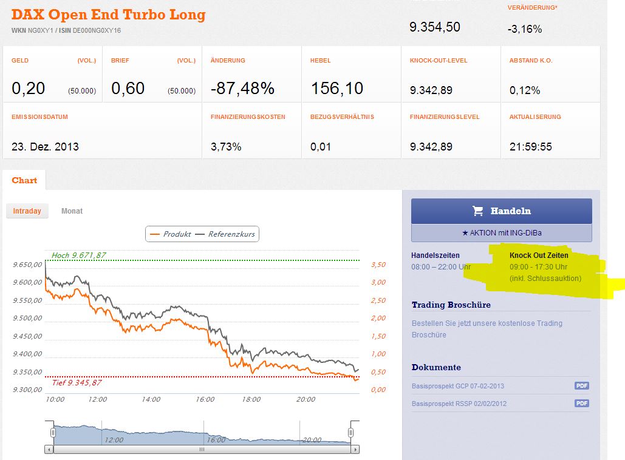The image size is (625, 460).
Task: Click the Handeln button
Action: point(501,211)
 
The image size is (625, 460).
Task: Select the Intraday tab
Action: point(27,211)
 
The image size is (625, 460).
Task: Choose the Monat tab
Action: point(72,211)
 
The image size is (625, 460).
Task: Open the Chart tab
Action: point(24,180)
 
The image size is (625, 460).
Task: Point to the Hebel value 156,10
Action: point(336,89)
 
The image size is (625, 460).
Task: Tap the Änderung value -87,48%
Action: point(242,89)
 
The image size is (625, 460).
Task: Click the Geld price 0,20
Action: point(28,89)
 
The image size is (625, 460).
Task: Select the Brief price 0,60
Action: point(128,89)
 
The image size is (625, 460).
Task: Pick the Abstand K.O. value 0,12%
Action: point(525,90)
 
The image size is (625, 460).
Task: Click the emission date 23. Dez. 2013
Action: point(45,146)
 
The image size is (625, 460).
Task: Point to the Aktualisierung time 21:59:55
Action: point(530,146)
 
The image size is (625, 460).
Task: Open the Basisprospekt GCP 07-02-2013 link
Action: point(457,386)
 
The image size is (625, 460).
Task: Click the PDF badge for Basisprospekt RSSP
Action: point(582,404)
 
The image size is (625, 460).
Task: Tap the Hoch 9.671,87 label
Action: point(79,255)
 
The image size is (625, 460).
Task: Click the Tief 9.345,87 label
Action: point(76,382)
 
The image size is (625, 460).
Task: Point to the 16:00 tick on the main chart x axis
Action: point(205,399)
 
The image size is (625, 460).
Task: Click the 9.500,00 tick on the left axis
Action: point(27,318)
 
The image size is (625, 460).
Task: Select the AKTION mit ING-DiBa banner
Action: point(501,233)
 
